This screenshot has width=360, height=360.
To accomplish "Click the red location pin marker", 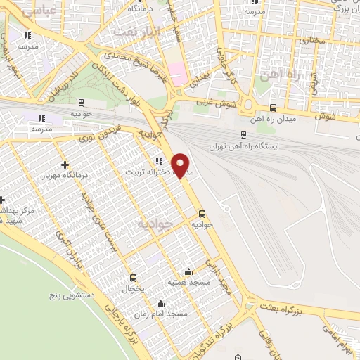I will [181, 165].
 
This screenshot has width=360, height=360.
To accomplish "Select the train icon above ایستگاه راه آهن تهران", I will [243, 135].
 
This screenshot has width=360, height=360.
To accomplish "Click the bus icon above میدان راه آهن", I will [273, 108].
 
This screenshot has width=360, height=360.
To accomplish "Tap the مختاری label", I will [311, 41].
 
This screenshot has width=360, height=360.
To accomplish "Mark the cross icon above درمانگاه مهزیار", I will [65, 164].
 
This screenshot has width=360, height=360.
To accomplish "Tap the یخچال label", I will [133, 288].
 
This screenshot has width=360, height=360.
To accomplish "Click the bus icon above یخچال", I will [133, 277].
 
